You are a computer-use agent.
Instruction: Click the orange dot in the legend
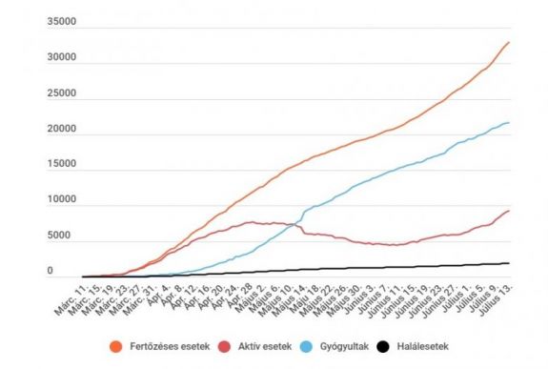[117, 346]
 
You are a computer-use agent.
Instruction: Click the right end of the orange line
[509, 42]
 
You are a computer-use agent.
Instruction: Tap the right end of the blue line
[509, 122]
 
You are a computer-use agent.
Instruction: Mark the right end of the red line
[509, 211]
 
